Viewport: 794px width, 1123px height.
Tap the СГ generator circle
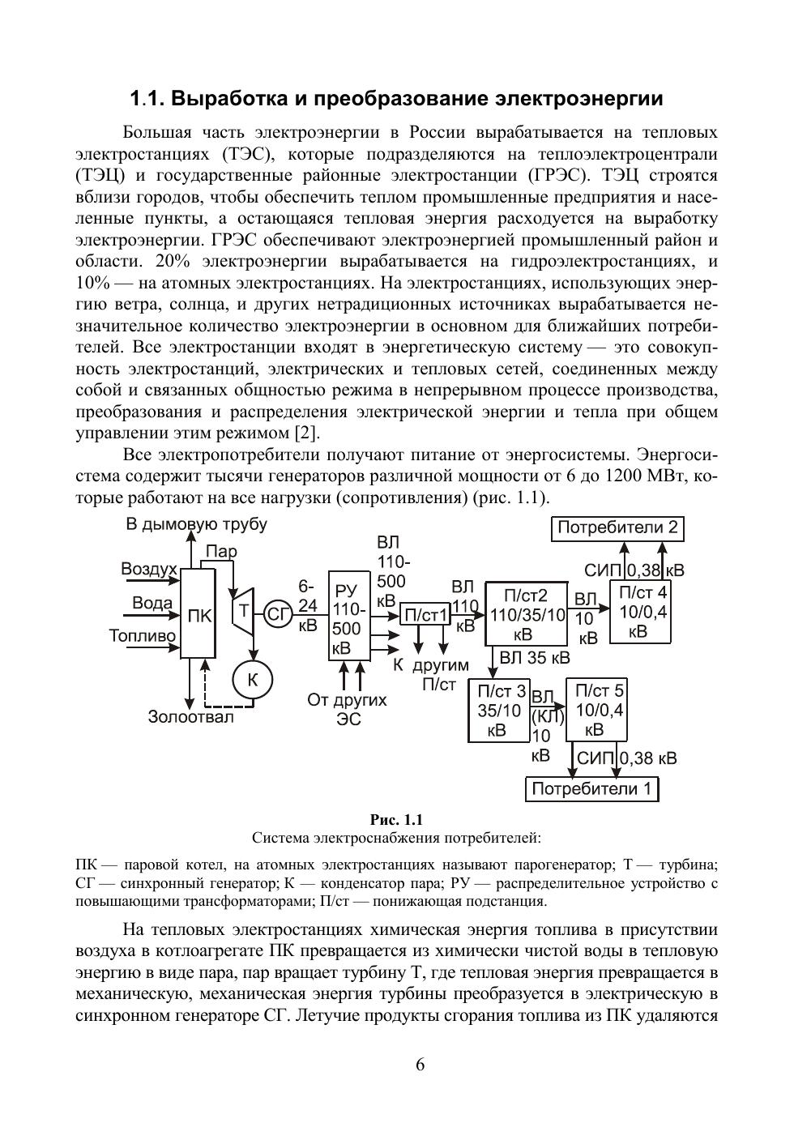278,615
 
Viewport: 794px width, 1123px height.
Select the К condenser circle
252,680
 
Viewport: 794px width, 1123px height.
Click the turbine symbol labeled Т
242,613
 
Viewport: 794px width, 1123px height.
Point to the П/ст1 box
425,616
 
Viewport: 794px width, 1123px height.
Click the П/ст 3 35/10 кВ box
499,711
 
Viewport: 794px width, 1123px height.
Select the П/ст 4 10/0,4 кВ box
640,613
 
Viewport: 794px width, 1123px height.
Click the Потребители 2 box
617,528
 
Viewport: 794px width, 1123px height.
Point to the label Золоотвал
191,716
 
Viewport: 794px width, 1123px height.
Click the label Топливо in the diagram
142,636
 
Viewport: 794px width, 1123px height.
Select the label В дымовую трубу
196,524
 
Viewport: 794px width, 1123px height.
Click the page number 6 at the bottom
420,1065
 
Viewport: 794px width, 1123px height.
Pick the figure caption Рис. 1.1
396,820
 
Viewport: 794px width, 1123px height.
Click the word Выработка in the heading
229,99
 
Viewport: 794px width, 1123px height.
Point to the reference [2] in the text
305,433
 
